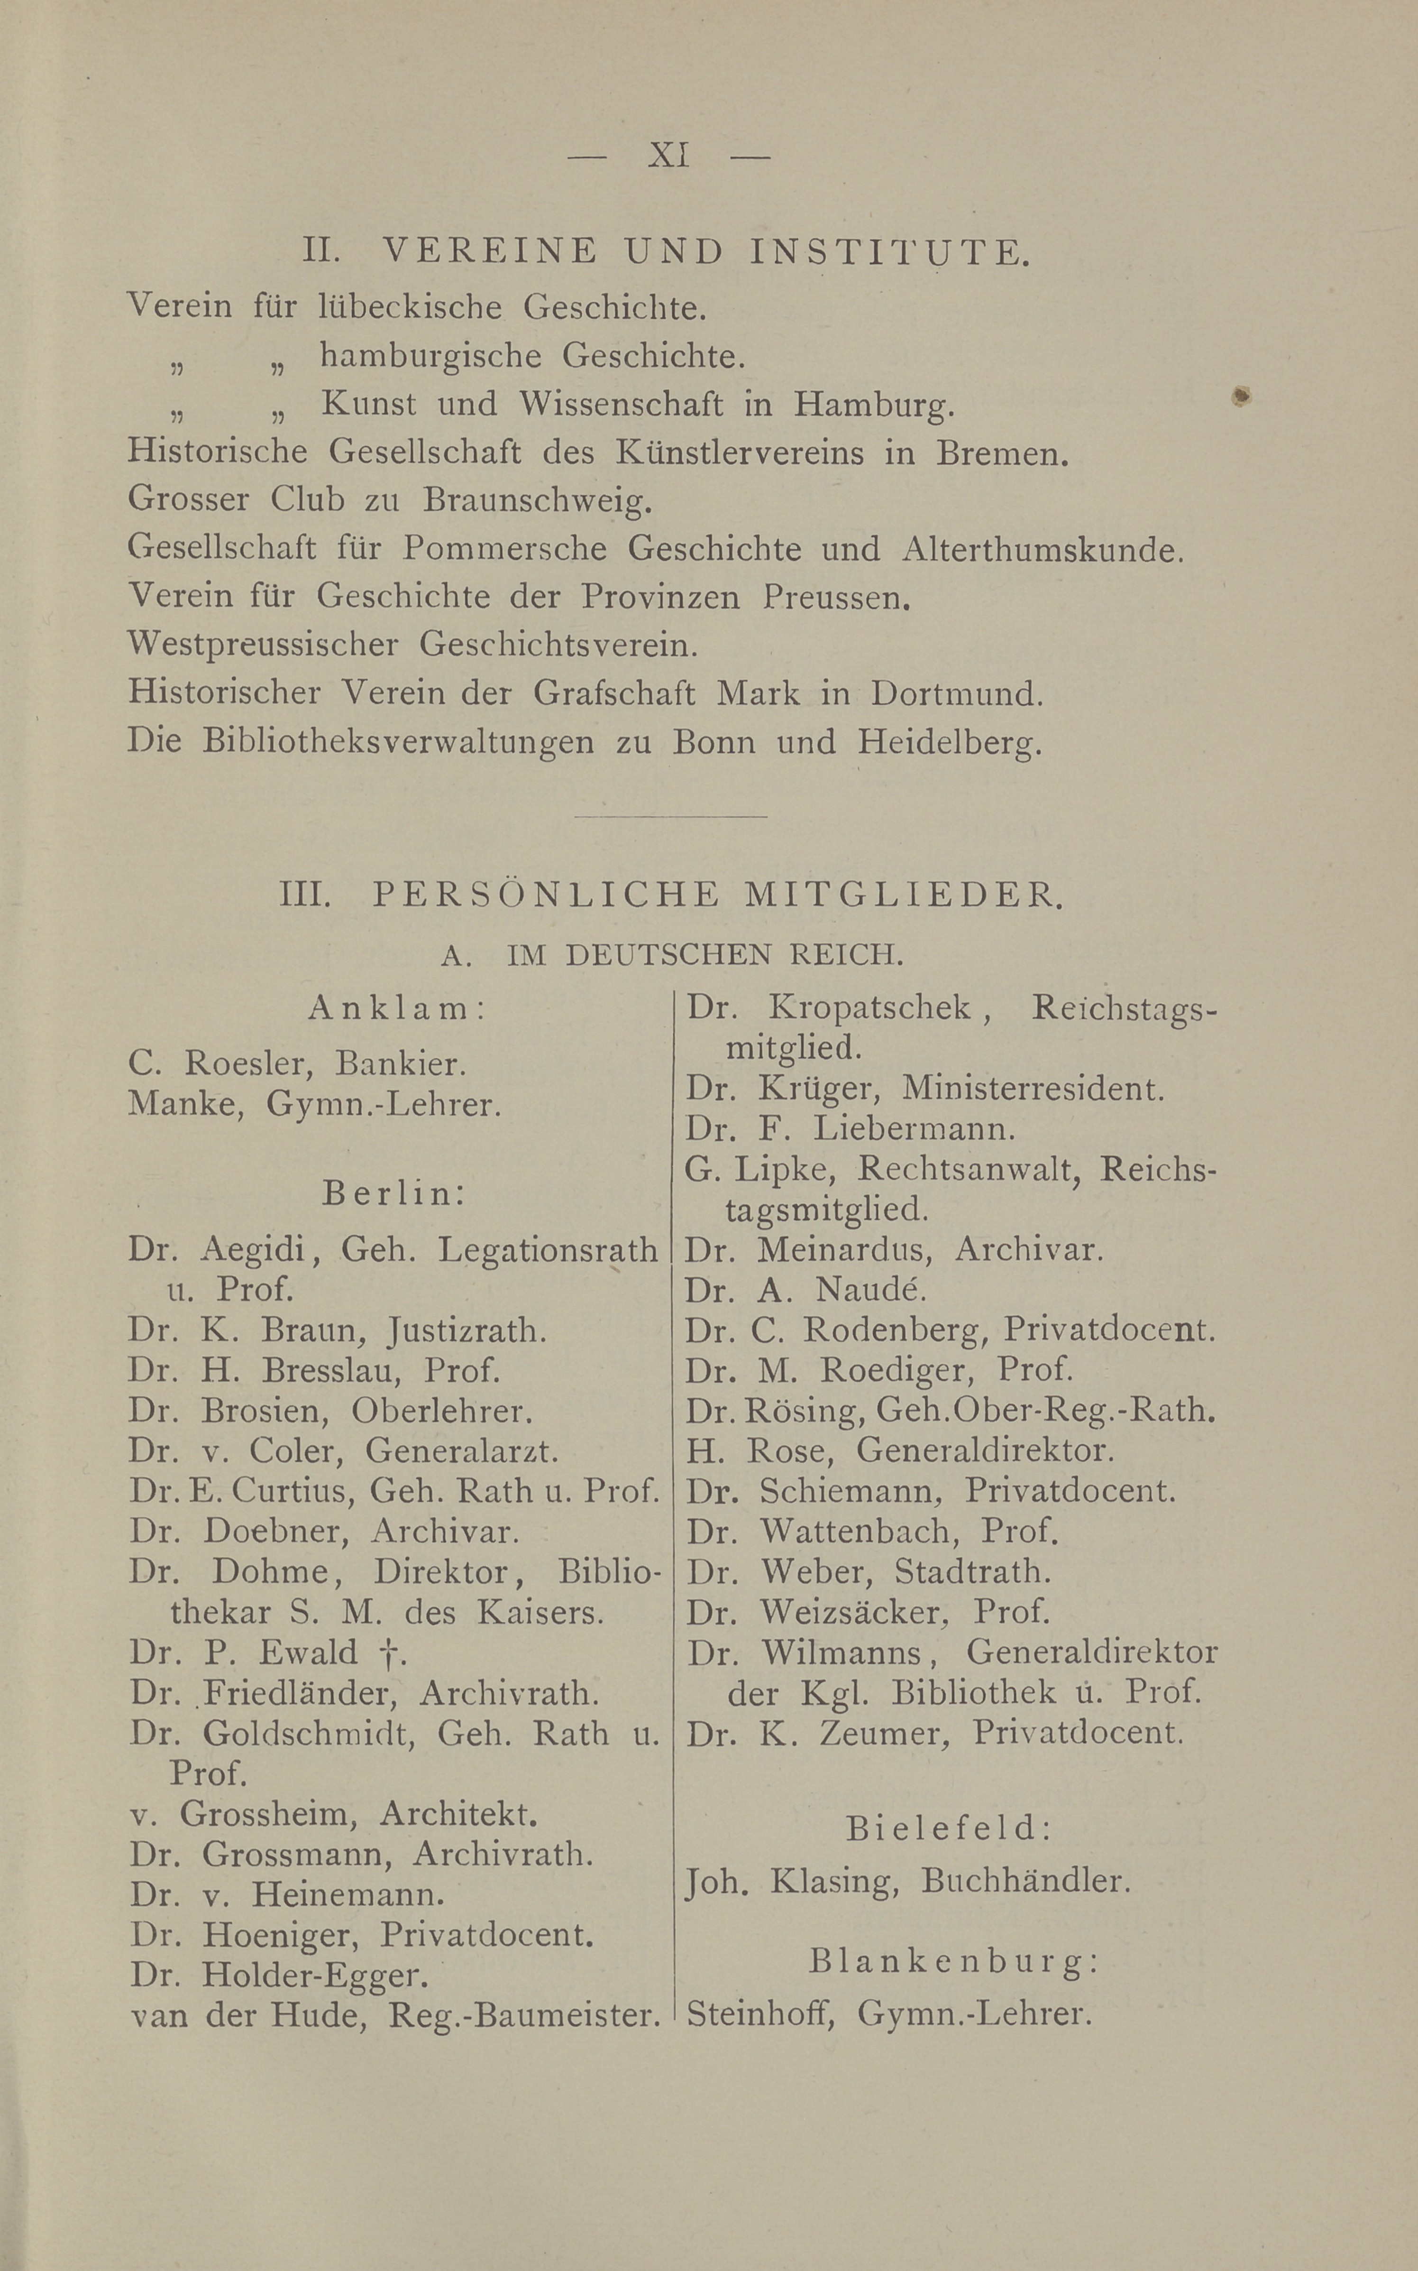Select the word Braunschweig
point(537,500)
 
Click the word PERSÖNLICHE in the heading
point(547,895)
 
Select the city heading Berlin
point(394,1193)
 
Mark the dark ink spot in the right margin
point(1242,398)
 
